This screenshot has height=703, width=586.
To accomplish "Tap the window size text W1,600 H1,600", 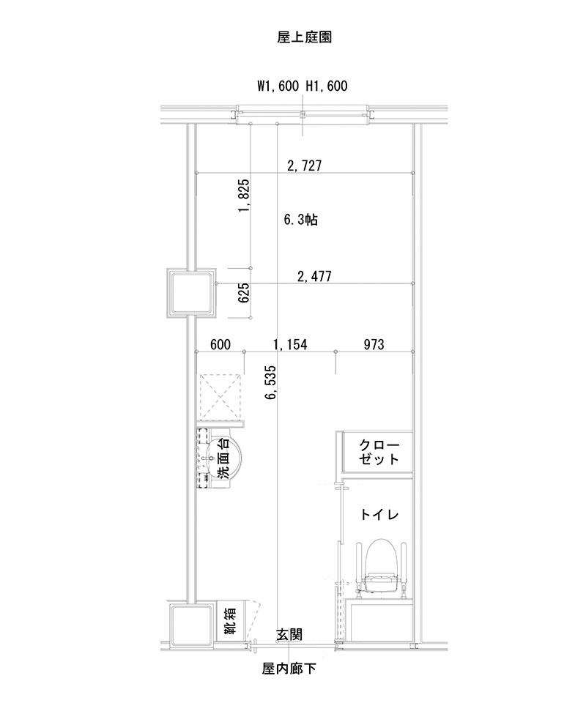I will pos(302,86).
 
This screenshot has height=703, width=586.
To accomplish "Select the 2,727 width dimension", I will pos(305,165).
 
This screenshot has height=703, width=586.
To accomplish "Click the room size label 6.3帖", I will pos(300,220).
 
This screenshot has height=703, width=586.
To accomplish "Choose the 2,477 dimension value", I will pos(314,277).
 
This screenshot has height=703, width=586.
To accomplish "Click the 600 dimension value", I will pos(220,344).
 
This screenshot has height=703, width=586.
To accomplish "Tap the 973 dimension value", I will pos(374,344).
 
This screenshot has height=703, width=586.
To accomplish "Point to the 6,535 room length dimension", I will pos(272,383).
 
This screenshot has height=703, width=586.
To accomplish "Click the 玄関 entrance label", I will pos(289,634).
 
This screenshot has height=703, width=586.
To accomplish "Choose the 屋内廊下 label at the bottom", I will pos(289,669).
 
